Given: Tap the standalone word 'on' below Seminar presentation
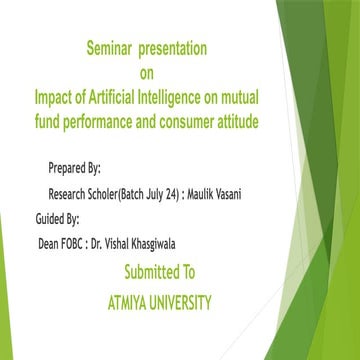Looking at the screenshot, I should tap(148, 71).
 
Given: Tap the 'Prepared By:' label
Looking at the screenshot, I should tap(74, 166).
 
